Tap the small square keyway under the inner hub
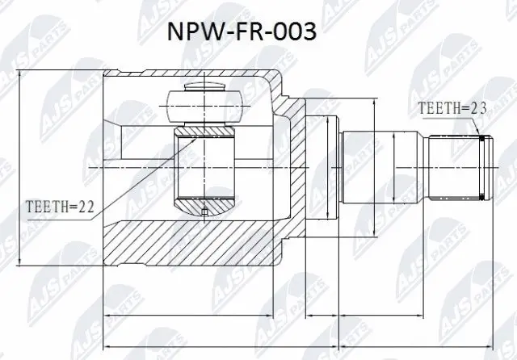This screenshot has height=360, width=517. point(204,212)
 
